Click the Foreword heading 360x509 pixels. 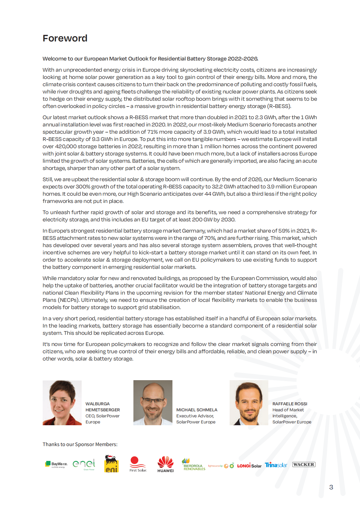(x=65, y=38)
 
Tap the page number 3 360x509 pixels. (x=331, y=487)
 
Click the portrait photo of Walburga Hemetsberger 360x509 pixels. (x=62, y=403)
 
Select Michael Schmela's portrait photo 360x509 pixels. (x=153, y=403)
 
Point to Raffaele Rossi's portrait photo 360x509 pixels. (x=249, y=403)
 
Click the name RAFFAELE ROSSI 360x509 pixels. (x=290, y=404)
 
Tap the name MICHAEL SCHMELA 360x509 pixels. (x=197, y=410)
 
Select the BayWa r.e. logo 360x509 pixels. (x=56, y=464)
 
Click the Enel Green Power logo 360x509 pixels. (x=84, y=464)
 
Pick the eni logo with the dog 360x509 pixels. (x=111, y=464)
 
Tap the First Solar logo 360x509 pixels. (x=138, y=464)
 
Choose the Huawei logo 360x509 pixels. (x=165, y=464)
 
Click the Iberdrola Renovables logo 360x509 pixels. (x=194, y=465)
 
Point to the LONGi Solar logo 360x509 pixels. (x=249, y=466)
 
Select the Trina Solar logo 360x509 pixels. (x=276, y=465)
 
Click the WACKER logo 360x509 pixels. (x=304, y=465)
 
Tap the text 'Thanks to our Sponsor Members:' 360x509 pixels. (x=80, y=444)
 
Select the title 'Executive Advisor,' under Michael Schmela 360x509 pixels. (x=195, y=416)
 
